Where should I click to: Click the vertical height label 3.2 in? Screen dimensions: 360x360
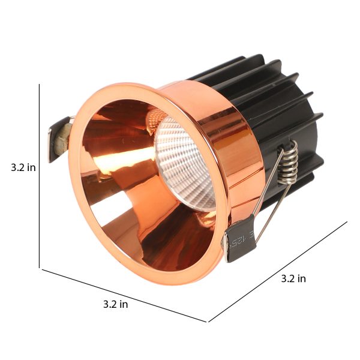pos(23,167)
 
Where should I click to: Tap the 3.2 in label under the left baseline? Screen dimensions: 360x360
pos(115,304)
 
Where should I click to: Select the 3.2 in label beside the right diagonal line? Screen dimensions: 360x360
pos(293,278)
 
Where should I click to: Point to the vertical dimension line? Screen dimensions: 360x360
pos(39,176)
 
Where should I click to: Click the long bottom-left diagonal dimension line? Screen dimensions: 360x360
pos(124,295)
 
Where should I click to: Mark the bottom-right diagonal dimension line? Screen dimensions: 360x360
pos(278,272)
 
